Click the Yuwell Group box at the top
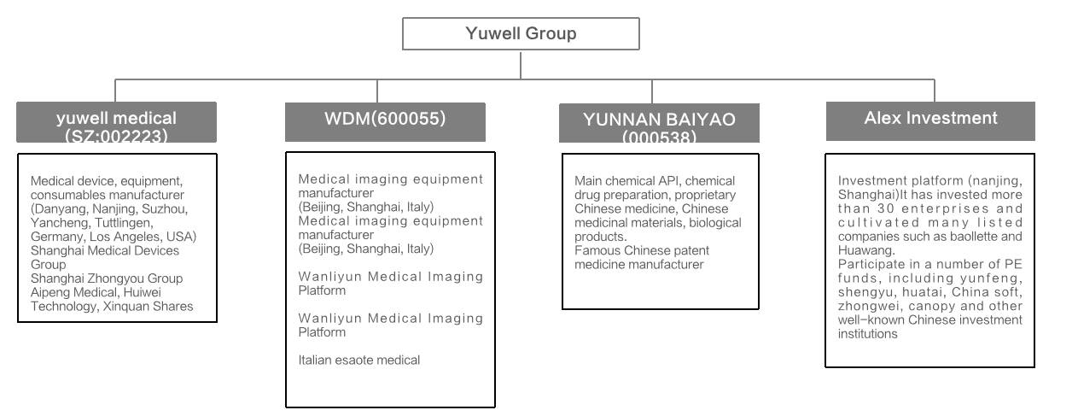click(521, 33)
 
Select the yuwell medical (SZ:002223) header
click(116, 122)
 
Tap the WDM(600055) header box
click(385, 122)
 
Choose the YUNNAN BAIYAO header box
click(659, 123)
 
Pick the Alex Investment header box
click(930, 120)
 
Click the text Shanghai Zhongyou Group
click(107, 278)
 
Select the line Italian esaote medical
click(359, 360)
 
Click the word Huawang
click(866, 250)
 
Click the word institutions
click(868, 334)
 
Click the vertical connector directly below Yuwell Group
click(521, 65)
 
